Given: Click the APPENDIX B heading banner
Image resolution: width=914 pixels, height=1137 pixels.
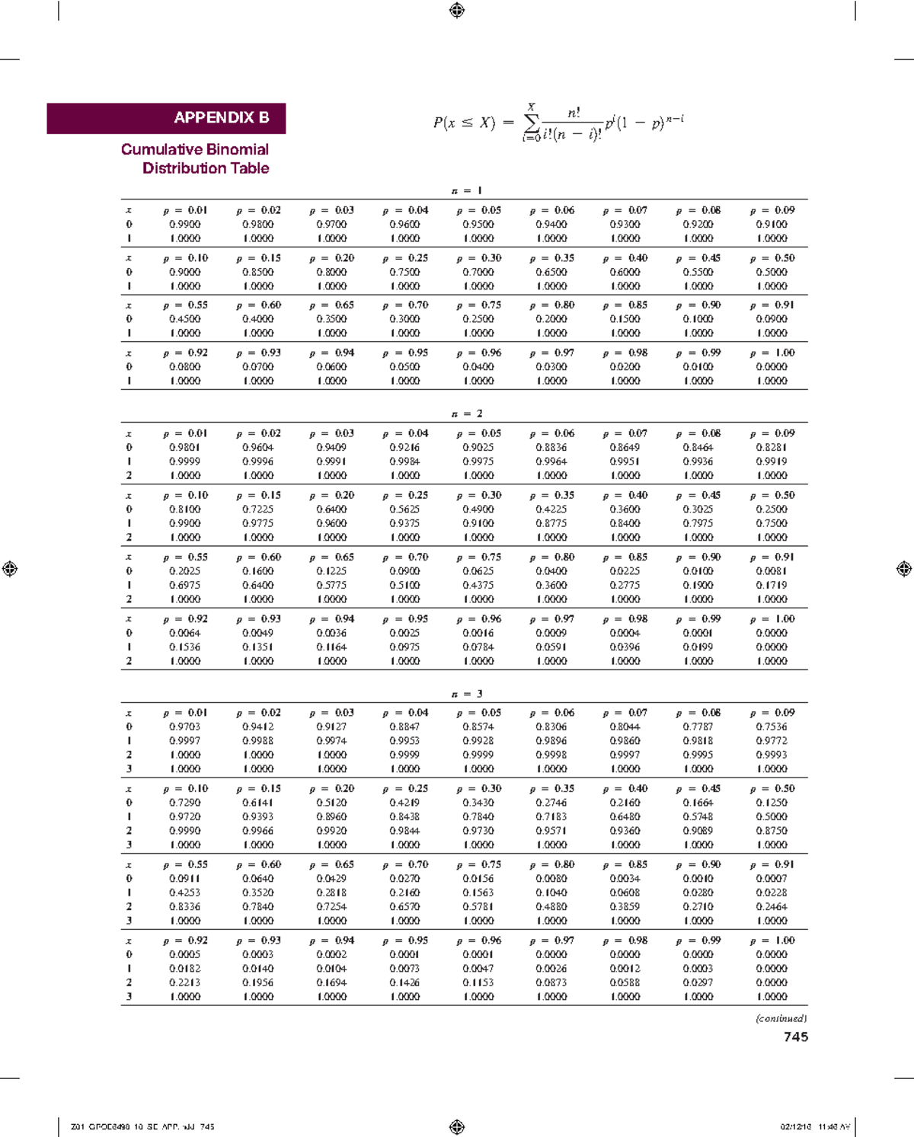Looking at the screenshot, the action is coord(166,118).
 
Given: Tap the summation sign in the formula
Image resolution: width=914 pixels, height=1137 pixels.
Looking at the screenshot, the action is coord(532,123).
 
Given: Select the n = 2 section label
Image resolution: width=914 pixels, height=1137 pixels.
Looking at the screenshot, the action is coord(467,414).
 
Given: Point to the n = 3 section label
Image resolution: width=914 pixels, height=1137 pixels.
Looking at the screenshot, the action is coord(467,694).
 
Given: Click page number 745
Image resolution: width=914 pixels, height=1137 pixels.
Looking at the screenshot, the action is coord(796,1036).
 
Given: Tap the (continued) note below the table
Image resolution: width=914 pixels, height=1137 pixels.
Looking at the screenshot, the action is coord(781,1018).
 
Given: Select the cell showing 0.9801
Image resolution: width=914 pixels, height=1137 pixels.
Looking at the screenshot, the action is coord(184,448).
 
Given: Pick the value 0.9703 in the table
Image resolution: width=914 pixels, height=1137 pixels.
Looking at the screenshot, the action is coord(184,727).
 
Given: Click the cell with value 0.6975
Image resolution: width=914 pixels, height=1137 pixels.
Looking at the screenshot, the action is coord(184,585).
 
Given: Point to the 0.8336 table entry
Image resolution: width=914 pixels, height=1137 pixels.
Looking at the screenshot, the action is coord(184,907).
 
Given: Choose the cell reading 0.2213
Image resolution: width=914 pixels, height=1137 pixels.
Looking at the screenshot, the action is coord(184,982).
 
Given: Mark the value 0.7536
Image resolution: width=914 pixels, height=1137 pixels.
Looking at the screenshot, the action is coord(772,727).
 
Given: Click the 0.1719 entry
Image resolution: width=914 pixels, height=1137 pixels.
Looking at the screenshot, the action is coord(772,585).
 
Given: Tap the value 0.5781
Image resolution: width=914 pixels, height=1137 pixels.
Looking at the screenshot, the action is coord(478,907).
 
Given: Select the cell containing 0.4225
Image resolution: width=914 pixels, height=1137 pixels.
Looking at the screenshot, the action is coord(551,509).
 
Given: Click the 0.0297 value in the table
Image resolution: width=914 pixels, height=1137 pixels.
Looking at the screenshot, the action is coord(698,982).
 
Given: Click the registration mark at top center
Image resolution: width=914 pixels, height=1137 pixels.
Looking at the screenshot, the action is coord(457,10).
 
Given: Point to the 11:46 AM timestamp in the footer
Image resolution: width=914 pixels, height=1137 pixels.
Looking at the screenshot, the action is coord(834,1127).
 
